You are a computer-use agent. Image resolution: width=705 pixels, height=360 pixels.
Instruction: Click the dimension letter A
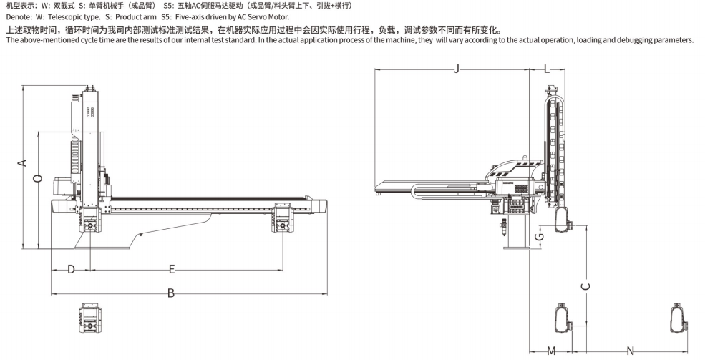22,162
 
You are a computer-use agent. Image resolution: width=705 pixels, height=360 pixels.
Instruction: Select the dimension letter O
38,178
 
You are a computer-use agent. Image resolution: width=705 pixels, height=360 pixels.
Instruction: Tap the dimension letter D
71,269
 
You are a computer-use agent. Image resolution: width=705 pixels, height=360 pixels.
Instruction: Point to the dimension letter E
171,269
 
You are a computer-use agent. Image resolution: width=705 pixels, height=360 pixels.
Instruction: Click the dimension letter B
171,293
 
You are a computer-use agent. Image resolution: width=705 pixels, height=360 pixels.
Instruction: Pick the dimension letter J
457,69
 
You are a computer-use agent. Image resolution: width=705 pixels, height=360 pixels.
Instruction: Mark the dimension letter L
547,69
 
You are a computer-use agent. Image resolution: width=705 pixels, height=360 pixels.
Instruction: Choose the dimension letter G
540,236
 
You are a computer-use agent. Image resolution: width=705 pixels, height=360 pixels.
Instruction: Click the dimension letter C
585,286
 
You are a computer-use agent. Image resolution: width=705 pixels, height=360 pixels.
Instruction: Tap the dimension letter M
551,351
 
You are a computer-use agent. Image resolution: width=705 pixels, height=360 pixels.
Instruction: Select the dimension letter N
631,351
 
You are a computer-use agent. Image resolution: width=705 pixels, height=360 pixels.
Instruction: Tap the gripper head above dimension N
680,318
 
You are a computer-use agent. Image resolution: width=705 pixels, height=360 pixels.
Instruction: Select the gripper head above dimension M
563,318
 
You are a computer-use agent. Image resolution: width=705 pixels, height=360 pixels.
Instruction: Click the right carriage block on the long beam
283,218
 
